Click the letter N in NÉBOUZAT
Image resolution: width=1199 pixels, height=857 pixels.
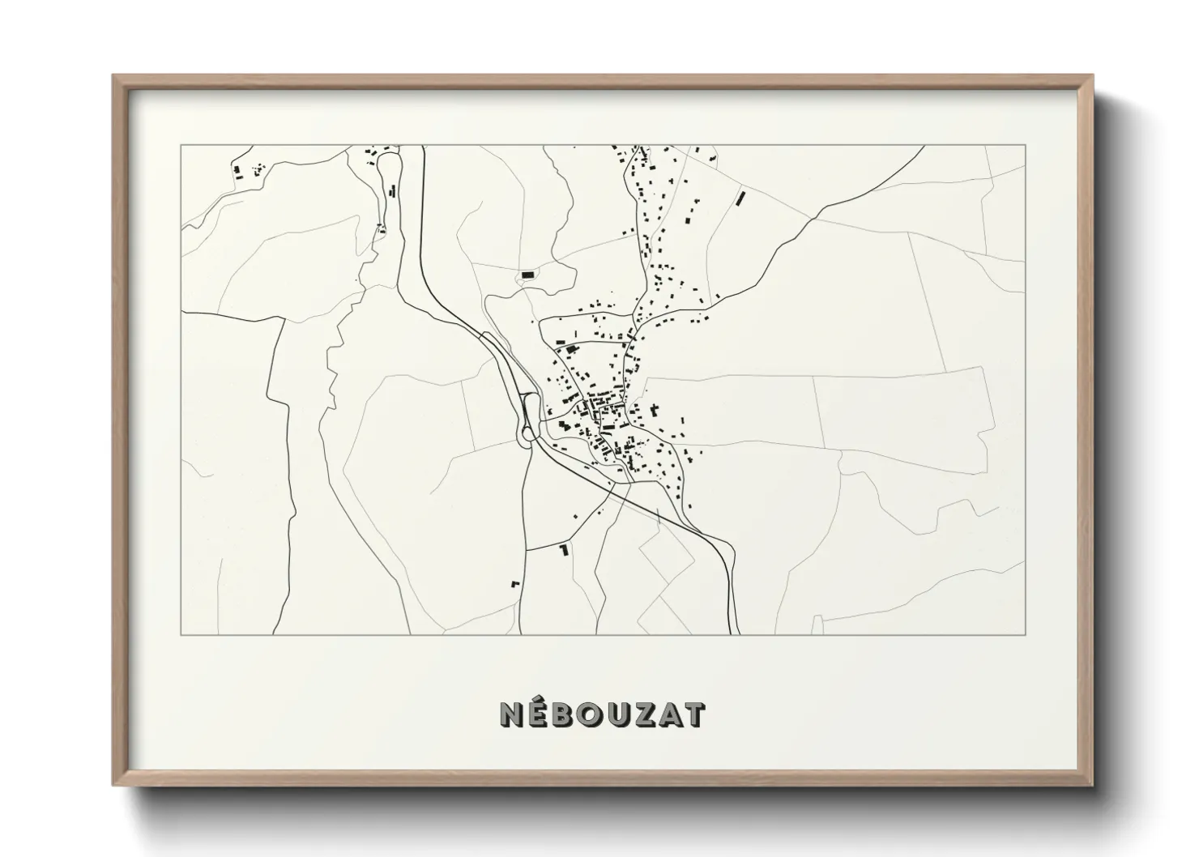point(512,714)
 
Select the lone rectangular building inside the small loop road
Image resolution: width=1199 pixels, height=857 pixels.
point(528,276)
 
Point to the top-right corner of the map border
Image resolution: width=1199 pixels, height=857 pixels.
point(1025,145)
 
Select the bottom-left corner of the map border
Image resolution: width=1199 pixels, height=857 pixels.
point(181,634)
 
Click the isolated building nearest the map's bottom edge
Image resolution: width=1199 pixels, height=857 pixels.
point(514,582)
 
